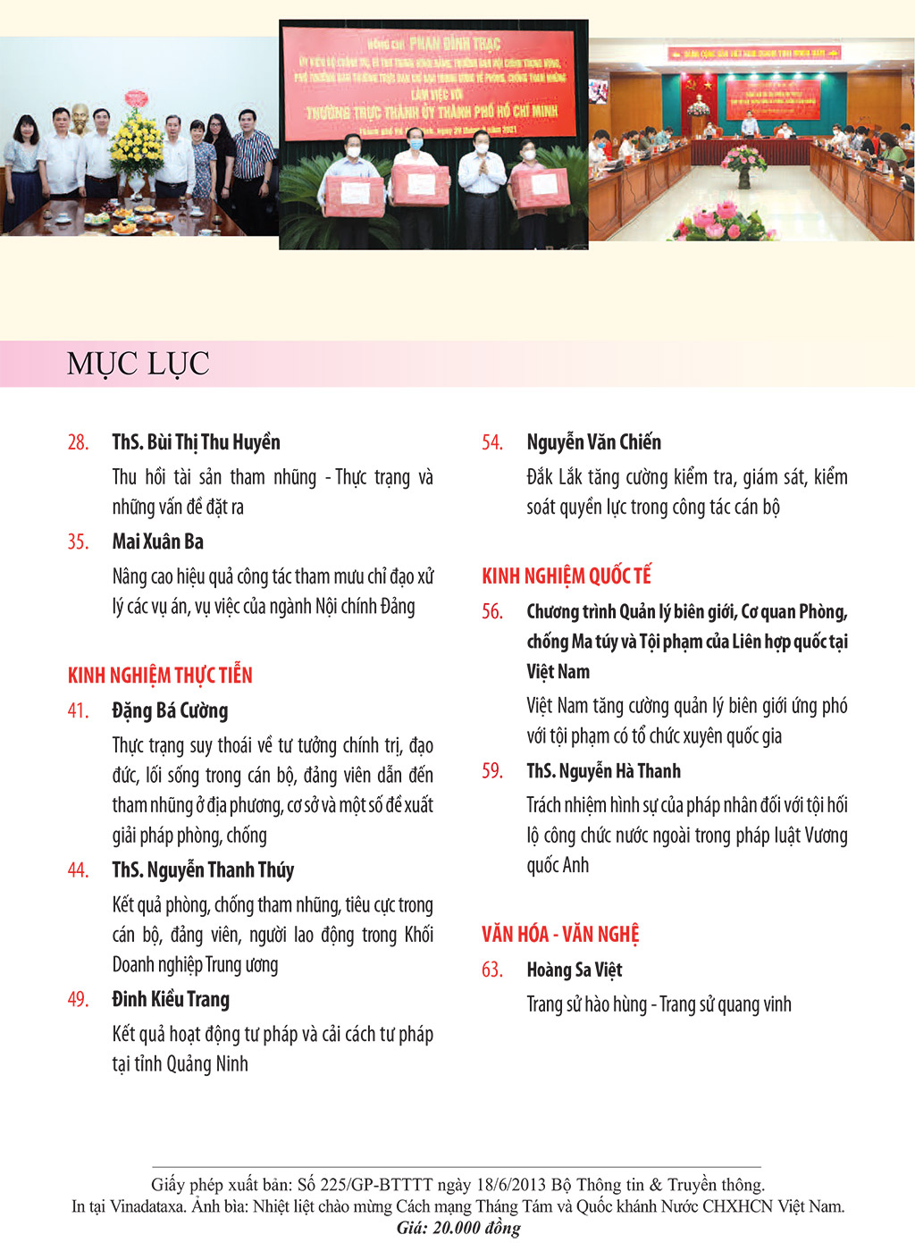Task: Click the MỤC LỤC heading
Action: click(x=138, y=364)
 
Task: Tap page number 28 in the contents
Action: click(x=78, y=442)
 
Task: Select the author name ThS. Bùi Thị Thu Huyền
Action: click(x=196, y=442)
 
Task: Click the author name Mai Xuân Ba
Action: click(x=157, y=542)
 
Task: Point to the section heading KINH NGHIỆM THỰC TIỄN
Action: click(x=160, y=676)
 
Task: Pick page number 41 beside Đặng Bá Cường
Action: click(x=78, y=711)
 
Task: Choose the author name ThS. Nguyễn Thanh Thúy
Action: click(x=203, y=870)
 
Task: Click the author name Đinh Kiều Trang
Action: click(x=171, y=1000)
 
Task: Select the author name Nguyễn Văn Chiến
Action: click(x=593, y=442)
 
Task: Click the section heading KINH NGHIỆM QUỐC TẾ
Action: click(x=567, y=576)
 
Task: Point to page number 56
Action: click(x=492, y=612)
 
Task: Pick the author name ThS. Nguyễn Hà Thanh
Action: click(x=603, y=771)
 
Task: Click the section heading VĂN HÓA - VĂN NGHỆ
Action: click(x=560, y=935)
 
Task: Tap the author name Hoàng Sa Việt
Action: click(x=574, y=970)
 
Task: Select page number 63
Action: click(x=492, y=970)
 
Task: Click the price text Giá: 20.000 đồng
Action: click(x=458, y=1228)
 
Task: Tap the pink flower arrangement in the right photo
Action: click(x=743, y=159)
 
